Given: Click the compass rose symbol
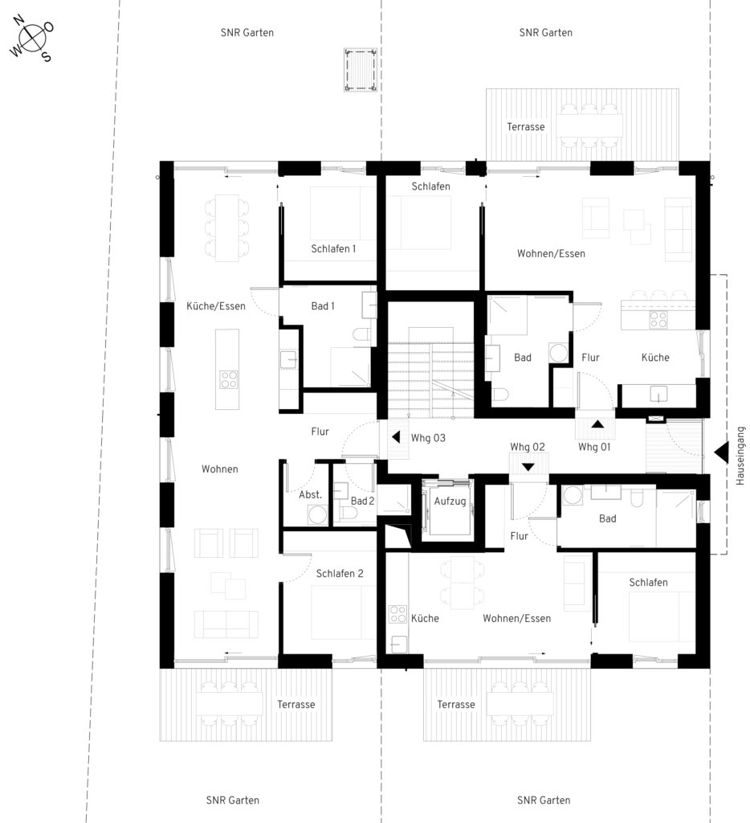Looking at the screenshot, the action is click(x=31, y=39).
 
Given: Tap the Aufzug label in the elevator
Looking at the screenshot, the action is click(x=450, y=501).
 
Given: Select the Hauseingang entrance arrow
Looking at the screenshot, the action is click(x=721, y=452).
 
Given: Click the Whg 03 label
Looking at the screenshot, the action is click(x=428, y=438).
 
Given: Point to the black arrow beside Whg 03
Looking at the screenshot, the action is click(x=396, y=436).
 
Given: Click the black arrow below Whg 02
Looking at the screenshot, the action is click(x=528, y=467).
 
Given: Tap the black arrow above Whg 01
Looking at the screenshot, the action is click(x=597, y=424).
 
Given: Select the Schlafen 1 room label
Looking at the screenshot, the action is click(x=333, y=248).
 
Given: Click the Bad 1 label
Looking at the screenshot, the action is click(x=323, y=305).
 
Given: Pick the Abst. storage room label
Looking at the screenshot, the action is click(x=310, y=494).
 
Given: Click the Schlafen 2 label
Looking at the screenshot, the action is click(x=340, y=573).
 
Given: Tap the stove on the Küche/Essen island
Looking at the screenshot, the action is click(x=228, y=379).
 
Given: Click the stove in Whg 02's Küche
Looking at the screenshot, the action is click(x=397, y=614).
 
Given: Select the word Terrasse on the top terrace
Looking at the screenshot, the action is click(x=525, y=126).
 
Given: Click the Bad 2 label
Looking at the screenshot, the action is click(x=362, y=501).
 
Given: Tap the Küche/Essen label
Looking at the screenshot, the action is click(x=215, y=305).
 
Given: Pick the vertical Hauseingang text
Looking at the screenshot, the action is click(x=740, y=456).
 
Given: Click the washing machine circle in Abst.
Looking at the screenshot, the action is click(x=318, y=514).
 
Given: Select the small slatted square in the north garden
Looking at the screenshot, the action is click(x=361, y=70).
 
